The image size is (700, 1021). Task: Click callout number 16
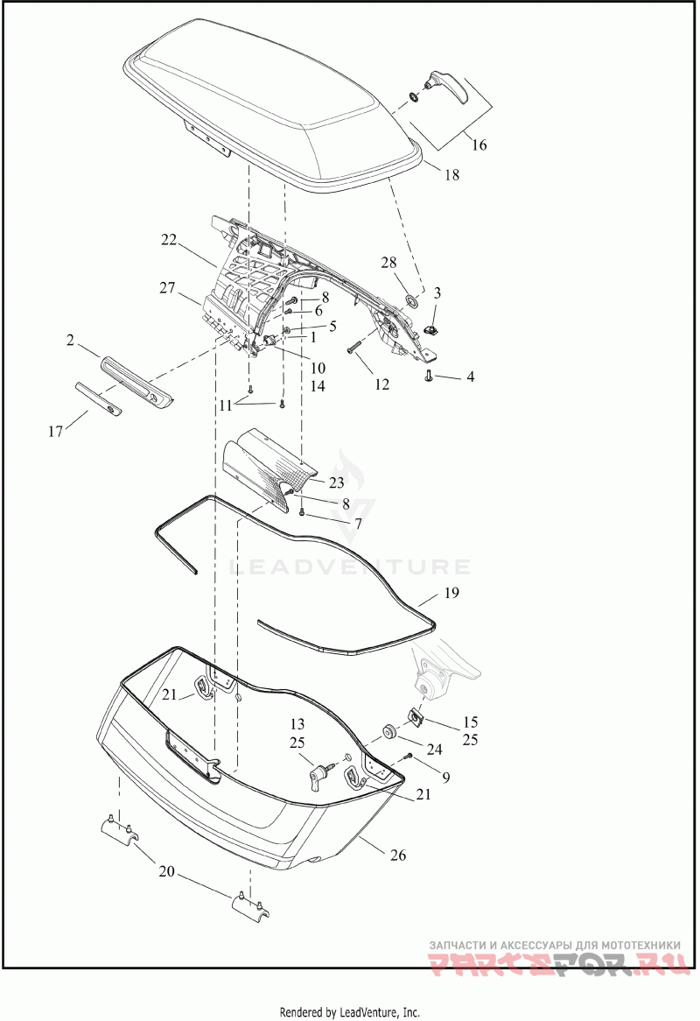(479, 144)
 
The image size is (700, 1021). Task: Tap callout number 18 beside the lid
(451, 174)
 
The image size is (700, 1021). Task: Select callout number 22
(169, 240)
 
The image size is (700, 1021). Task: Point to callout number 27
(168, 286)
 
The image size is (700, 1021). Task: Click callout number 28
(388, 263)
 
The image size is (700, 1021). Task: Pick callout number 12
(381, 384)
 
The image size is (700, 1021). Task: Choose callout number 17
(55, 431)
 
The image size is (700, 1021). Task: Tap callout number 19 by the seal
(451, 593)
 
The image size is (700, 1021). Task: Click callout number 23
(336, 483)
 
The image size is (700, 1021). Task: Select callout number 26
(398, 855)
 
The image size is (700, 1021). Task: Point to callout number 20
(167, 871)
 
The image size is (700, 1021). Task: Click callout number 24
(435, 750)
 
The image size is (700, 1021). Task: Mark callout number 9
(445, 777)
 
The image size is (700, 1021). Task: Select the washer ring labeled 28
(413, 300)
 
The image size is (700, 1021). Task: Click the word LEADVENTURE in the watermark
(350, 566)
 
